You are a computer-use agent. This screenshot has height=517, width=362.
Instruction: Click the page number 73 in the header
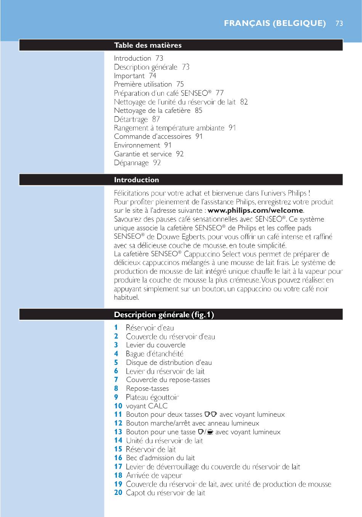tap(339, 23)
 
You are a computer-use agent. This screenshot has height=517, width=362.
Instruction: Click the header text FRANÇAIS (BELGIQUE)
tap(275, 23)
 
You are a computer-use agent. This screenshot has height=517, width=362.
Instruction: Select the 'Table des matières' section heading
tap(148, 45)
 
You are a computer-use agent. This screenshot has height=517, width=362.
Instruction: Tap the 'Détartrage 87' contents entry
tap(137, 119)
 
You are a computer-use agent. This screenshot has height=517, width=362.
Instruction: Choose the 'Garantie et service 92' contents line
tap(149, 154)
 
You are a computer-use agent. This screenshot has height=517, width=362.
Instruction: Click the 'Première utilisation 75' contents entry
tap(149, 84)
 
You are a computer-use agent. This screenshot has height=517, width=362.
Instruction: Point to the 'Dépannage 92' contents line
tap(137, 163)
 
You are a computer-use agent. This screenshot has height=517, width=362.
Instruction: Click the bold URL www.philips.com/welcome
tap(255, 210)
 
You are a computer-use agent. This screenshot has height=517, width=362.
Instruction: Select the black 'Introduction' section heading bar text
tap(136, 180)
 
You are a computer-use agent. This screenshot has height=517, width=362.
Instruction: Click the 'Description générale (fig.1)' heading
tap(164, 315)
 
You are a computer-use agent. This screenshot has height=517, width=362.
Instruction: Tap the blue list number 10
tap(118, 406)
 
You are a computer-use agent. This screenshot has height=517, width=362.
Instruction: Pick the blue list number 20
tap(118, 493)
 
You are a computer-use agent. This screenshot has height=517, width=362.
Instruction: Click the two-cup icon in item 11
tap(211, 414)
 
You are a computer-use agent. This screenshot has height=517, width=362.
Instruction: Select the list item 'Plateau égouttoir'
tap(152, 397)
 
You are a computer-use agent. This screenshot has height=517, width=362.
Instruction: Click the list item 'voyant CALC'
tap(147, 406)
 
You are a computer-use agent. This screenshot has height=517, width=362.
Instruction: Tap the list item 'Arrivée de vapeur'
tap(154, 475)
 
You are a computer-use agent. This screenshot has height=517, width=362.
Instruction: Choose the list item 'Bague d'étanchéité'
tap(154, 354)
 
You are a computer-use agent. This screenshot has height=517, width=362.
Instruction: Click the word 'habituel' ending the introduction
tap(126, 297)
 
